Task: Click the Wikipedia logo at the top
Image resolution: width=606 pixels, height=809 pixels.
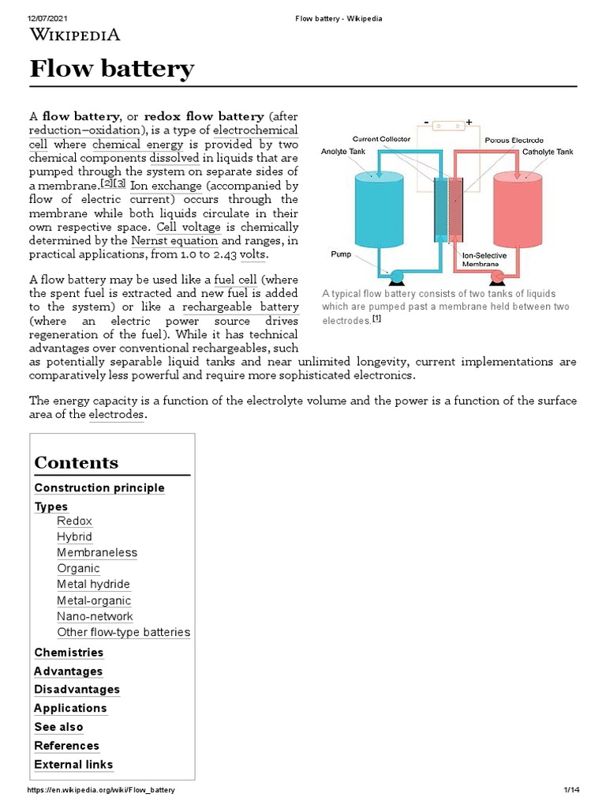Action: pos(75,34)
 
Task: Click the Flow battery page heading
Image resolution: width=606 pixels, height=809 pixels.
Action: pos(111,70)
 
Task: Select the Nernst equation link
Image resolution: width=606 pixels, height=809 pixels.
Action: pos(174,240)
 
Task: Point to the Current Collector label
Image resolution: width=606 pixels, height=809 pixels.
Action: pos(381,139)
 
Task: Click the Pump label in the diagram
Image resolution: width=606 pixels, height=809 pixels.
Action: pos(340,255)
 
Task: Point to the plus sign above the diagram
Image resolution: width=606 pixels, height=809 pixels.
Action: pos(469,122)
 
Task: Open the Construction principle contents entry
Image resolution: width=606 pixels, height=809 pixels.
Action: pos(99,487)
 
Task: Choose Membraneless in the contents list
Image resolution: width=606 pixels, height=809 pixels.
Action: pos(97,552)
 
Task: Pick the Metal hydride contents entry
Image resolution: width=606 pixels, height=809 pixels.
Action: pos(93,584)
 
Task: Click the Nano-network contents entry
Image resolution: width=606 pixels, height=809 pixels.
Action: pos(95,616)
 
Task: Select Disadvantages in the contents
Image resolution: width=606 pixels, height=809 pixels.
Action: pos(77,689)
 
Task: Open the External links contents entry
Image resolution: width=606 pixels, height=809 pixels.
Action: pos(73,764)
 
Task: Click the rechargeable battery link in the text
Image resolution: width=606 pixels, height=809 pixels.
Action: pos(241,307)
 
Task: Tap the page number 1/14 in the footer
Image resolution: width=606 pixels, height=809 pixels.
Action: pos(571,790)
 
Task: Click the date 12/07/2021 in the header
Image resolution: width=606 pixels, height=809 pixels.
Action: pos(46,19)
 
